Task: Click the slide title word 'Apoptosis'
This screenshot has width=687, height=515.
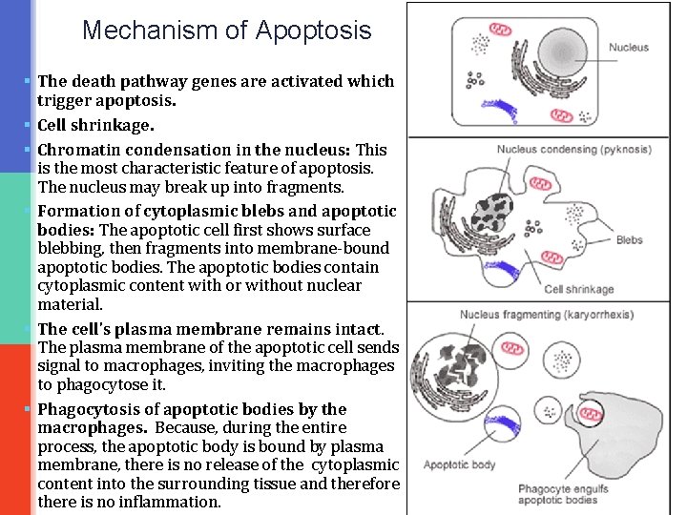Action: tap(313, 31)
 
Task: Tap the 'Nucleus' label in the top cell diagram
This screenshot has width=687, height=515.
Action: tap(628, 48)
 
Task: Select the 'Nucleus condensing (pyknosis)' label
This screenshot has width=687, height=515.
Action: tap(573, 150)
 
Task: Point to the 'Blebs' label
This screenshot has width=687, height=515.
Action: tap(629, 240)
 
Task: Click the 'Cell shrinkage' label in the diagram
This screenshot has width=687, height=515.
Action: tap(579, 289)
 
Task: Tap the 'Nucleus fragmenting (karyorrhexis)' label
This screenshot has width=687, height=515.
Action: tap(546, 315)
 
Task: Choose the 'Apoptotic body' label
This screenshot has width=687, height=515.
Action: tap(459, 465)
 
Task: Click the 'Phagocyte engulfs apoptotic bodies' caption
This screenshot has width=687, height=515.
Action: tap(557, 494)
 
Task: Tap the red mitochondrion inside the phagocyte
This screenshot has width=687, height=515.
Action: tap(592, 413)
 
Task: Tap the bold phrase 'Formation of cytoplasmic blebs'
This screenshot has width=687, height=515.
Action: tap(157, 211)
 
